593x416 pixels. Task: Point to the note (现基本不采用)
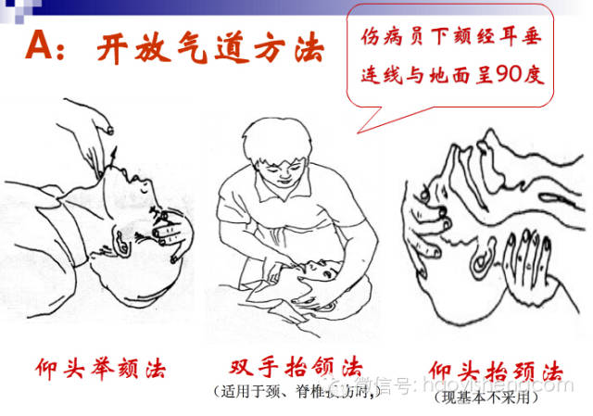pos(487,397)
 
